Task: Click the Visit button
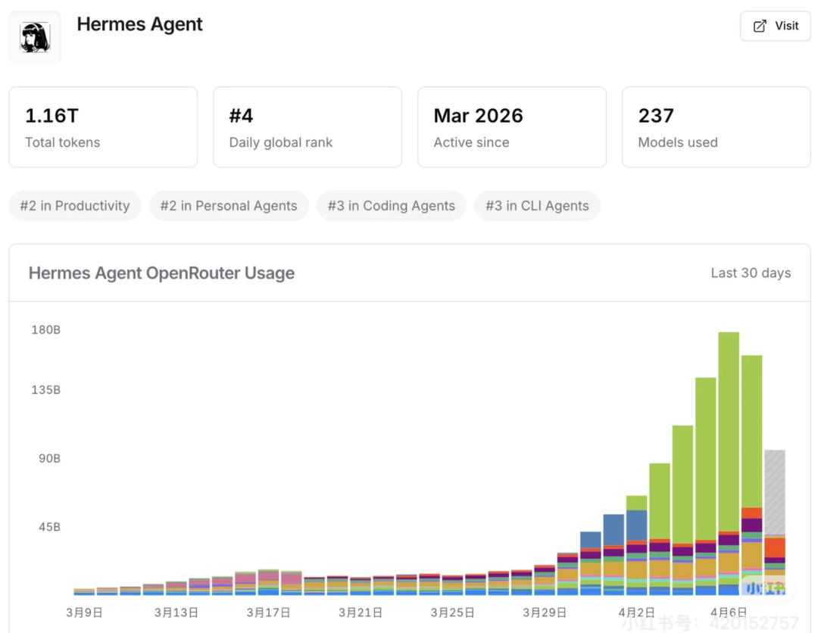click(775, 27)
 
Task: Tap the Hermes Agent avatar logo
click(35, 37)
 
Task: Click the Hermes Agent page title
click(140, 24)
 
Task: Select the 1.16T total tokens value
click(52, 116)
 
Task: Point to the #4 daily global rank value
click(241, 116)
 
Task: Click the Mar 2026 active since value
click(478, 116)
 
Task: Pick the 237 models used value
click(656, 116)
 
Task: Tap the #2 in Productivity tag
click(75, 206)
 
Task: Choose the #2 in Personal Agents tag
click(229, 206)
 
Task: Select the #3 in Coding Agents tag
click(392, 206)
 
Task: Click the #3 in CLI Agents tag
click(537, 206)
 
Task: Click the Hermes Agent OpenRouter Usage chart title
click(161, 273)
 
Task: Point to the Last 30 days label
click(751, 273)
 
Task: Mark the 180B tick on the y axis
click(45, 330)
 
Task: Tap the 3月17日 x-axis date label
click(269, 613)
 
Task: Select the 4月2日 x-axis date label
click(637, 613)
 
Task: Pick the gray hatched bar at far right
click(774, 492)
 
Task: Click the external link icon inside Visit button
click(760, 27)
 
